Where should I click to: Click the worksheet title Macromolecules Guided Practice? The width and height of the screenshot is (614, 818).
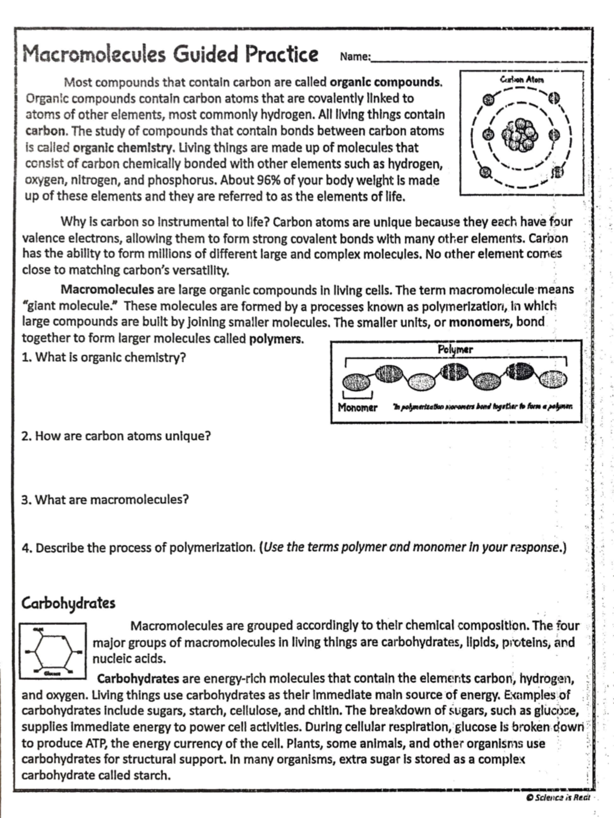(x=170, y=54)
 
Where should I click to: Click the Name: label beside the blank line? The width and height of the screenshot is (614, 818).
(x=355, y=57)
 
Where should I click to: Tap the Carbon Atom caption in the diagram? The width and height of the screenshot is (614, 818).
(x=521, y=80)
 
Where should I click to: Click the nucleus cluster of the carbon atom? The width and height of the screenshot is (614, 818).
(x=520, y=135)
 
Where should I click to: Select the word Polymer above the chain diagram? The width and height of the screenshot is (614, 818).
(x=455, y=350)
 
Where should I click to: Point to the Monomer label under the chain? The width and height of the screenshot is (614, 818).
(x=357, y=407)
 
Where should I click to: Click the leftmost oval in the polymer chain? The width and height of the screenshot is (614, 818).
(x=356, y=382)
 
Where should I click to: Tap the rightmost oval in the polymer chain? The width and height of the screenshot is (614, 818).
(x=553, y=380)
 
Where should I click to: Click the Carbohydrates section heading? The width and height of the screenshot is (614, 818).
(x=68, y=603)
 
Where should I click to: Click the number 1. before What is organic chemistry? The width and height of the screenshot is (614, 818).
(x=27, y=357)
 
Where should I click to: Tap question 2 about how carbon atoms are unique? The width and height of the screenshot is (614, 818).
(x=116, y=436)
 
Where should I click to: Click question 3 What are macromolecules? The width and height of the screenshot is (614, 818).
(x=105, y=500)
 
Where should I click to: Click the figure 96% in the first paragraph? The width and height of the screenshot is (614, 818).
(x=267, y=181)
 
